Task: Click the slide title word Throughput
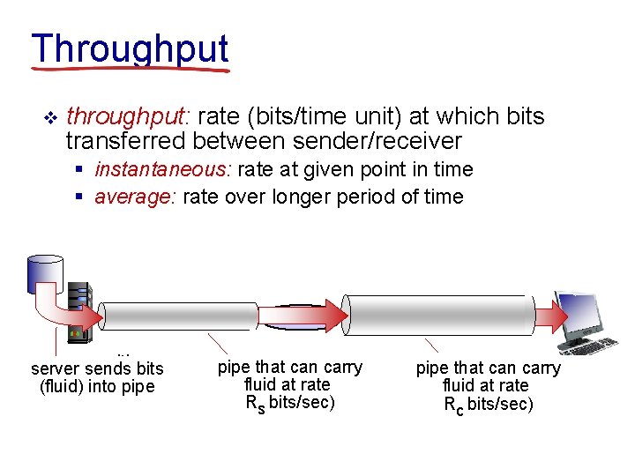pos(130,50)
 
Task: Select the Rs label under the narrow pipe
pos(255,404)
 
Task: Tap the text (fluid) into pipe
pos(97,386)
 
